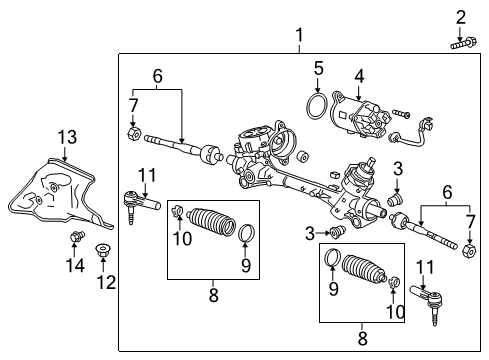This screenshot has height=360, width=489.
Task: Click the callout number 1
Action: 298,37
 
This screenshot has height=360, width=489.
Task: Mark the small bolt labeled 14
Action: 73,237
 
